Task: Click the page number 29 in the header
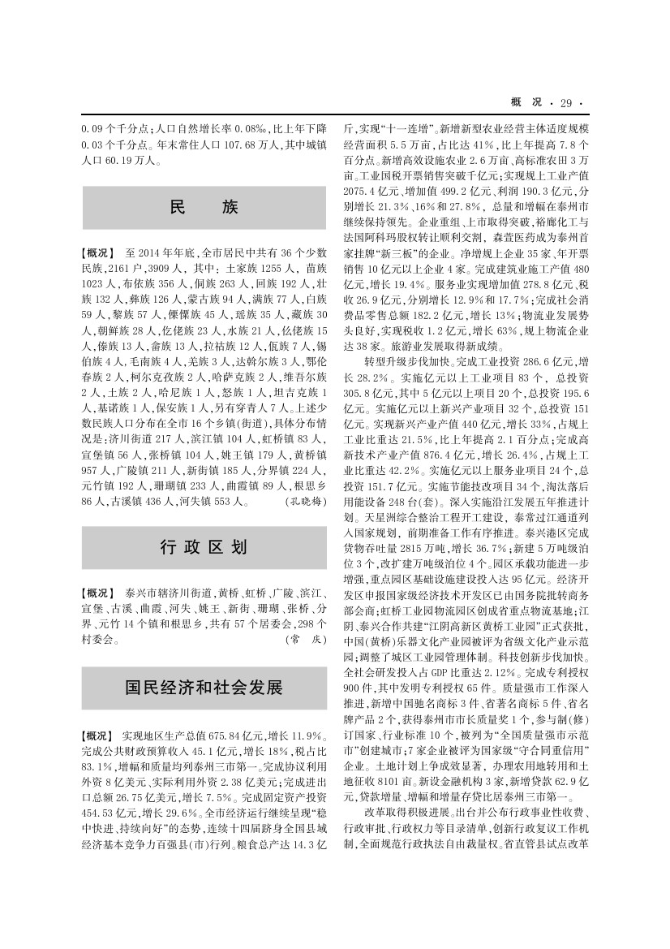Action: [565, 101]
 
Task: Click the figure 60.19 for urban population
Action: [130, 160]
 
